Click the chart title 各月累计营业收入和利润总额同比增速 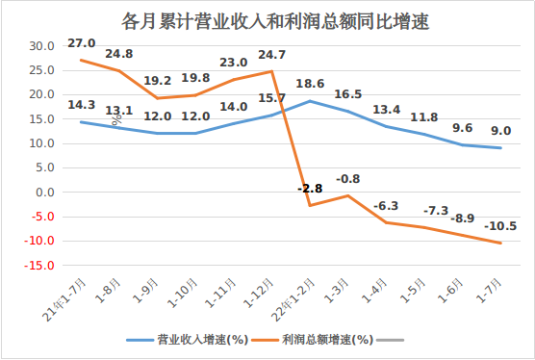coord(267,18)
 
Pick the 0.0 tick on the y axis coord(44,192)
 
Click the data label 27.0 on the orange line coord(81,43)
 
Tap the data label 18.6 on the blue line coord(310,85)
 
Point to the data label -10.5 coord(499,226)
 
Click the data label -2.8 coord(310,189)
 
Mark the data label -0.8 coord(348,179)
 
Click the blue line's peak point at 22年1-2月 coord(310,101)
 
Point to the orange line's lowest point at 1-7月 coord(500,243)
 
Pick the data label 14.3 coord(81,105)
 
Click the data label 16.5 coord(348,94)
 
